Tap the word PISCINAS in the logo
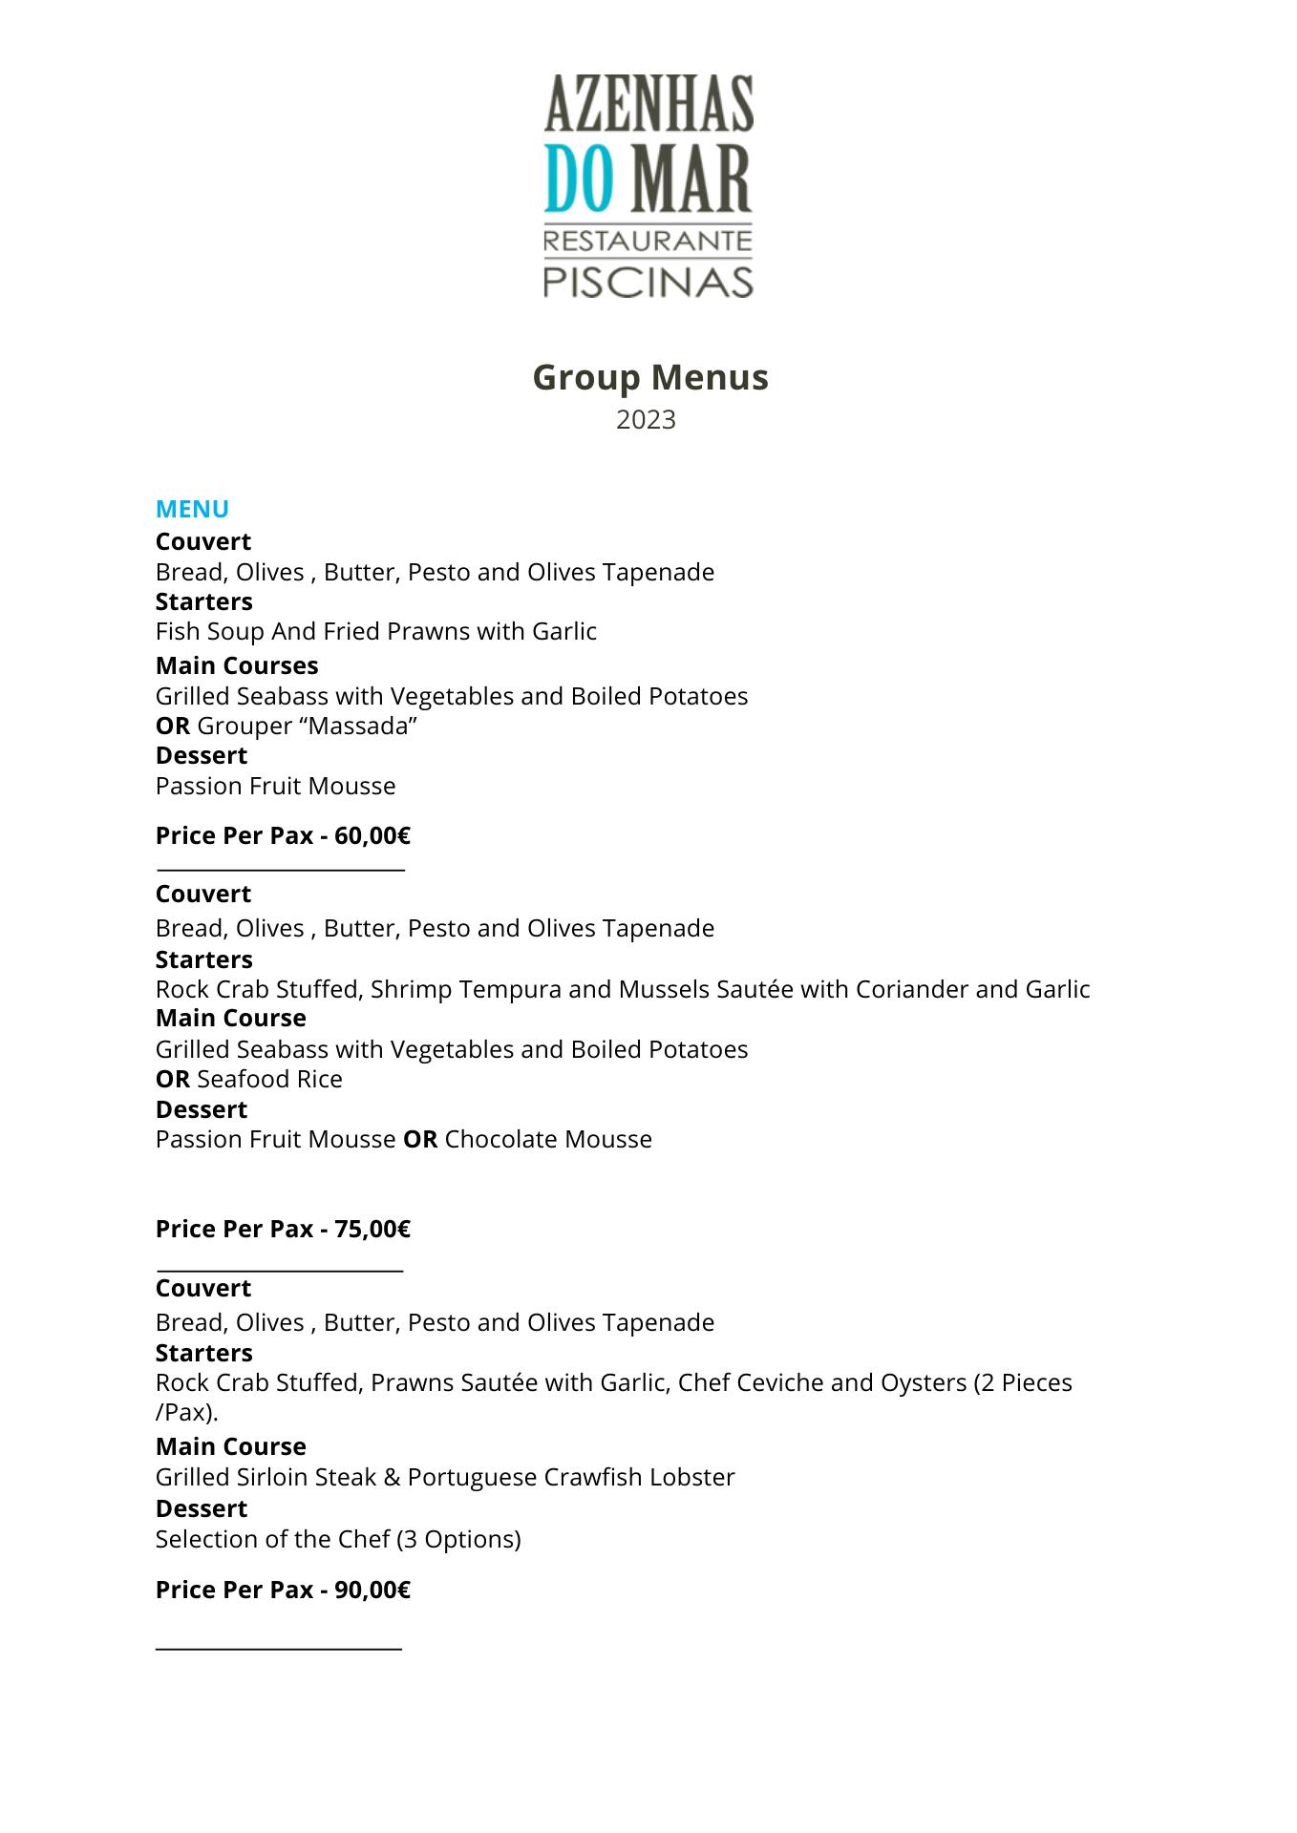click(x=648, y=282)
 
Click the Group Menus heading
click(x=649, y=377)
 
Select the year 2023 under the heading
click(x=646, y=420)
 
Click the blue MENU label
click(x=192, y=509)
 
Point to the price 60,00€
click(x=372, y=835)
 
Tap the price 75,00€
click(x=372, y=1229)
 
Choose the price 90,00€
click(x=372, y=1590)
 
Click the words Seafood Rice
click(x=269, y=1079)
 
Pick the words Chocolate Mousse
click(x=548, y=1139)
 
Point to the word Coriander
click(x=911, y=989)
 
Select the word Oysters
click(x=923, y=1382)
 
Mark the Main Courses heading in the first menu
click(x=237, y=665)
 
